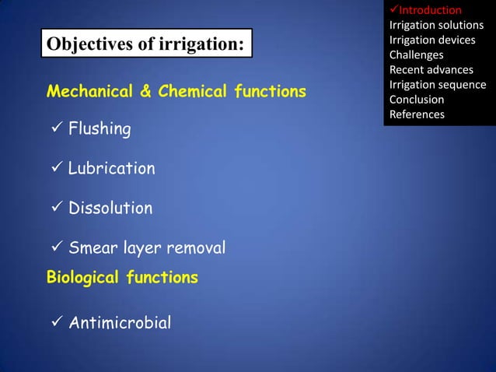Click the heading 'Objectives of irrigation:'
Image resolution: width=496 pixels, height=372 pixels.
click(145, 44)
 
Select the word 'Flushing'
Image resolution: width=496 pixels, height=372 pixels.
click(100, 129)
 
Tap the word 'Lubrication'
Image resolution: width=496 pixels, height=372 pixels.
click(111, 169)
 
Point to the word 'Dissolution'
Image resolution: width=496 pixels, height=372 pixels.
click(110, 209)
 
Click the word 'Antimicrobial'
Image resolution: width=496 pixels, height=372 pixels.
click(120, 322)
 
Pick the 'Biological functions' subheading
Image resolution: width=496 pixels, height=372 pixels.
click(122, 277)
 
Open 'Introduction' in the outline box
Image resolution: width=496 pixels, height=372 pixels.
click(430, 10)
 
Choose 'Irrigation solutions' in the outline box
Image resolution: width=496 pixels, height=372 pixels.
click(436, 25)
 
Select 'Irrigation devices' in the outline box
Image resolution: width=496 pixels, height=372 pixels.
click(432, 40)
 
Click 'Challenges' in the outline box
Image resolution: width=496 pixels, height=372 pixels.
click(416, 54)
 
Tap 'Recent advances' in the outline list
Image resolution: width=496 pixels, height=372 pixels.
click(431, 70)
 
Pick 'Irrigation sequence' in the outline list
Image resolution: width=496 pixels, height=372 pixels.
click(438, 85)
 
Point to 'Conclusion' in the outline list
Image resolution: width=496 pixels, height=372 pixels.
click(417, 100)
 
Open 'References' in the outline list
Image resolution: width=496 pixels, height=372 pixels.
click(417, 114)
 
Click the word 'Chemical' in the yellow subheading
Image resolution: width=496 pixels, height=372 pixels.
click(187, 92)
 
